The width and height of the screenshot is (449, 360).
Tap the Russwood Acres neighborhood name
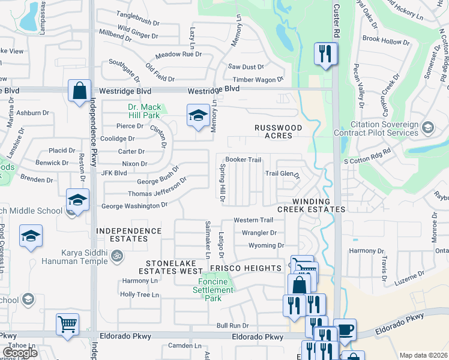coord(273,131)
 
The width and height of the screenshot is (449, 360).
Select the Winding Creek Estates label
coord(311,205)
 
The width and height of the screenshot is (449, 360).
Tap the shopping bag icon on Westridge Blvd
coord(79,91)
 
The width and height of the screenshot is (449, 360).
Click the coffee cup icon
coord(345,329)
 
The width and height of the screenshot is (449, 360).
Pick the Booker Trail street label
coord(243,160)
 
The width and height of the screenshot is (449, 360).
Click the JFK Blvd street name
coord(115,173)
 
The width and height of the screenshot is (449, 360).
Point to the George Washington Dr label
coord(134,206)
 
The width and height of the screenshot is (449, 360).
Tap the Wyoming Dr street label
coord(267,245)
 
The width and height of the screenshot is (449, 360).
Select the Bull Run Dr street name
coord(233,325)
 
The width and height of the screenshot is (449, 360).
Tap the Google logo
coord(20,352)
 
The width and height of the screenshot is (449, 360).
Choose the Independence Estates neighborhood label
coord(129,235)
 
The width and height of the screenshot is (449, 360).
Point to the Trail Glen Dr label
coord(282,174)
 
